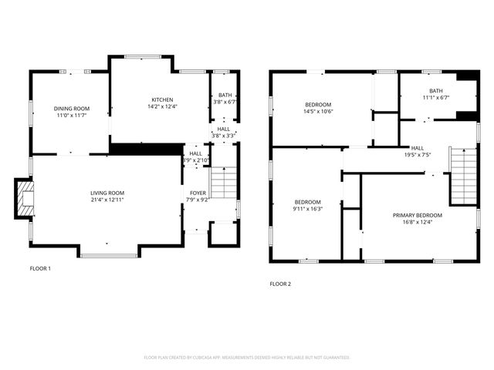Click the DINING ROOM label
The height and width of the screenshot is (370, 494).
[x=72, y=108]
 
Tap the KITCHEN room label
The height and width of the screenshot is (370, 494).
[x=162, y=99]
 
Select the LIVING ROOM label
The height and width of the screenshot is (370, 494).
[x=107, y=193]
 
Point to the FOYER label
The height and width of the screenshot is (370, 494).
[x=198, y=193]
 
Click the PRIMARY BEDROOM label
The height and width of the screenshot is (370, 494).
[x=418, y=215]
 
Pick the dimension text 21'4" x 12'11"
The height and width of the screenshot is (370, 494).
[x=107, y=200]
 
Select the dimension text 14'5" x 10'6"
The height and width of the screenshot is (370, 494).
[x=318, y=111]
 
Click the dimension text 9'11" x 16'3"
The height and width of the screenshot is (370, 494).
[x=308, y=208]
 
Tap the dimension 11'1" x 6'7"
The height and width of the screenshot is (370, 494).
[x=435, y=98]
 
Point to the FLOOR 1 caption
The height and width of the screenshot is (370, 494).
[x=40, y=268]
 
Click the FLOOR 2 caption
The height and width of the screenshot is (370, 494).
[x=280, y=284]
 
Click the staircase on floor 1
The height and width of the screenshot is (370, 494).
[x=222, y=183]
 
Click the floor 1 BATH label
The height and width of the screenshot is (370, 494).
[x=225, y=94]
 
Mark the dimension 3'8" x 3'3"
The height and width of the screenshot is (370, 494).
[x=223, y=135]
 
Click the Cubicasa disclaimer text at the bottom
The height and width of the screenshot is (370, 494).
[x=247, y=358]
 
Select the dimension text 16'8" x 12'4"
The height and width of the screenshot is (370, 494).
[x=418, y=222]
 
